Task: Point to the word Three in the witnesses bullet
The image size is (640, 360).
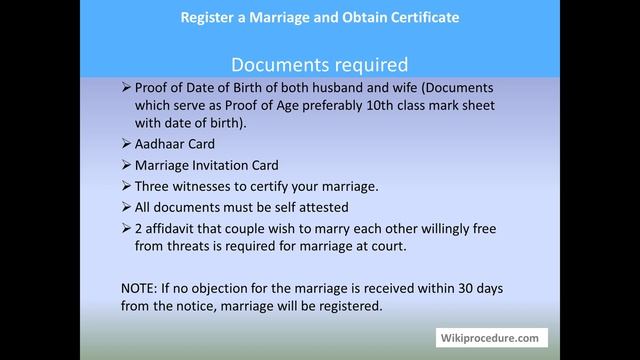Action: [x=154, y=186]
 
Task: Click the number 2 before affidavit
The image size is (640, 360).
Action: [x=139, y=229]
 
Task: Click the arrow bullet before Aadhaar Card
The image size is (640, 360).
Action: [x=125, y=143]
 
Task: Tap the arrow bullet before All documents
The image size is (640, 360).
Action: [x=125, y=207]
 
